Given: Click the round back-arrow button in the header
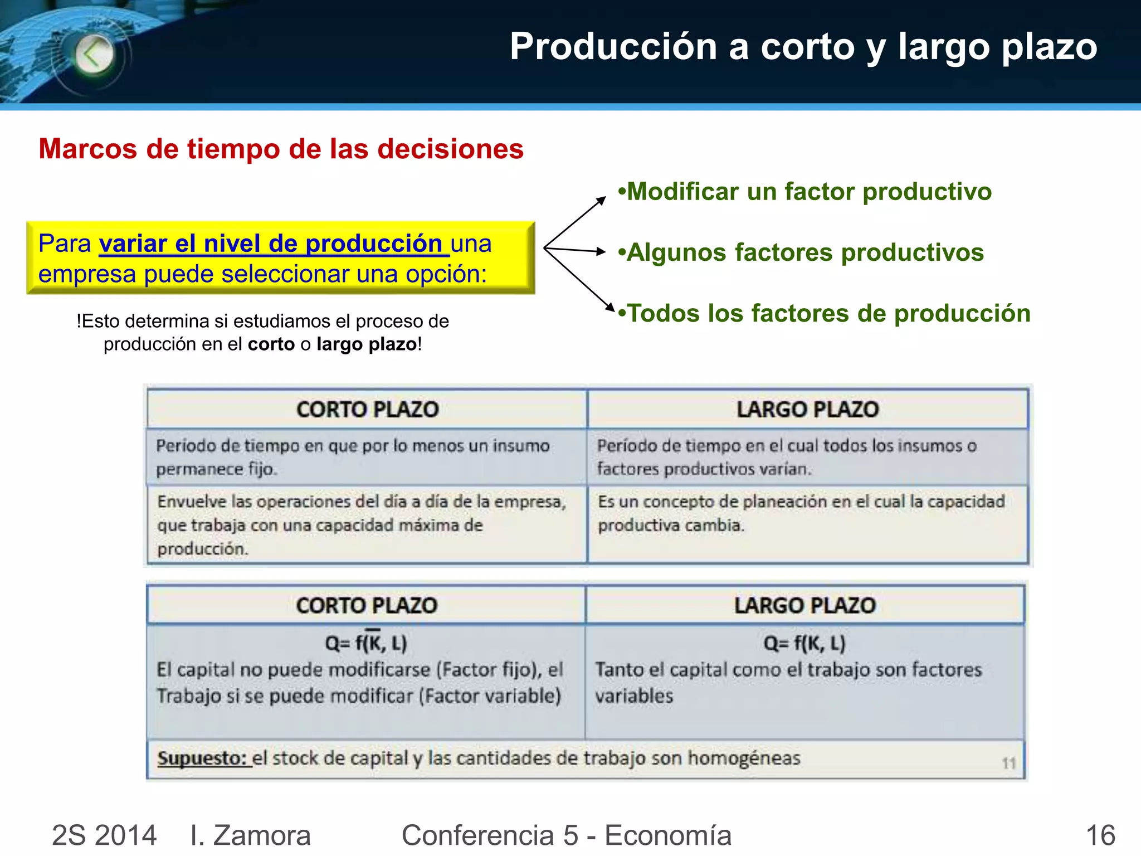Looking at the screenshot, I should coord(94,55).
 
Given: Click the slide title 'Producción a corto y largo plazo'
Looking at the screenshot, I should coord(803,47).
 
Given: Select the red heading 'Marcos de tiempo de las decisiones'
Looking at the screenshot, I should coord(281,149).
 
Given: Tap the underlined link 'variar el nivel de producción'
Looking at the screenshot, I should coord(273,244).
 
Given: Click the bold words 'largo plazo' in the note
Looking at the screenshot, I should coord(366,344).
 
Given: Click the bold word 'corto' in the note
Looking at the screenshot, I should coord(271,344).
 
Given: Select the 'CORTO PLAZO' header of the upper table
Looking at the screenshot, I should coord(367,410).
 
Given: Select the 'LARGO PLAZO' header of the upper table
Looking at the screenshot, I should coord(807,410).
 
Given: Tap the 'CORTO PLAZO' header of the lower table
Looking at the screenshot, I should coord(367,606).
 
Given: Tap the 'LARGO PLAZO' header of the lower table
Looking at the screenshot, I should coord(804,606).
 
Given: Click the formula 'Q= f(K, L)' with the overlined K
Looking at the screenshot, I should coord(366,643).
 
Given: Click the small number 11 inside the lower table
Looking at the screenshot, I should coord(1008,763).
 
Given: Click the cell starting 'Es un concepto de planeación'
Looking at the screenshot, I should coord(801,513).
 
